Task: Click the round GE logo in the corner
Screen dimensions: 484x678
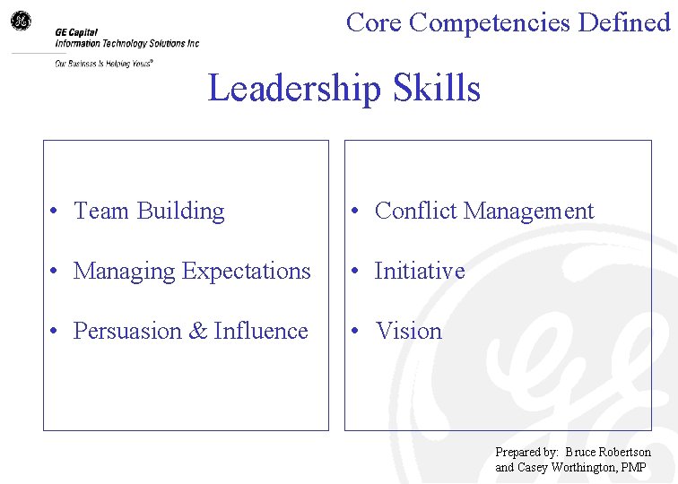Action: coord(20,21)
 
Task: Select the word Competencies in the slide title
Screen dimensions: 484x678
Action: coord(491,22)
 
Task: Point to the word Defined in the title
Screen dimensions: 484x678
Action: coord(624,22)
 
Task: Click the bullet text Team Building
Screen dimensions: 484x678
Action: coord(149,212)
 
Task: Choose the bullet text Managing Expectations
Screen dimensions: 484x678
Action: coord(192,271)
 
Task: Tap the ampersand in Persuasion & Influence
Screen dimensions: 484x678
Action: coord(197,332)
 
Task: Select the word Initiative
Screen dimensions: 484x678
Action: coord(420,271)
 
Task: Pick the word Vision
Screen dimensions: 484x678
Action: coord(409,332)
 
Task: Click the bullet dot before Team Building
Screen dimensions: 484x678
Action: coord(56,212)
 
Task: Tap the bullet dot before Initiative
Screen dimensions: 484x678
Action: coord(357,272)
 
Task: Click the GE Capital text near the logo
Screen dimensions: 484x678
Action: coord(76,32)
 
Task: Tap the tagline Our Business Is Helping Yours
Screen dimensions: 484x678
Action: coord(104,64)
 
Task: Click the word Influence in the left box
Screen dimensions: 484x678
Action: coord(261,332)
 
